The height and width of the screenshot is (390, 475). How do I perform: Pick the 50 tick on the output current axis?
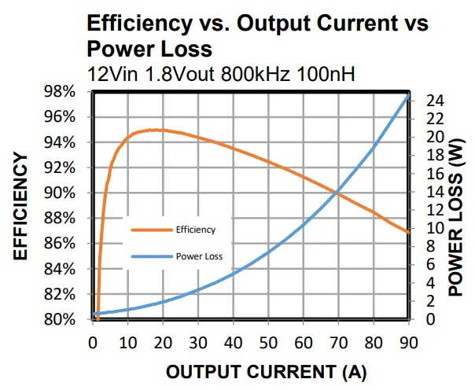click(x=268, y=341)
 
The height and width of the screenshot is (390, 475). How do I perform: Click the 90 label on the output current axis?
click(x=408, y=341)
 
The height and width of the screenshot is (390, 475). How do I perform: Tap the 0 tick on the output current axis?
click(x=93, y=341)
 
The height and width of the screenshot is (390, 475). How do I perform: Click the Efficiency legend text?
click(x=195, y=230)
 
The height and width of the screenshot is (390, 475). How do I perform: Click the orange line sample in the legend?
click(x=151, y=230)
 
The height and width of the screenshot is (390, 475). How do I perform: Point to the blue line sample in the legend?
click(x=151, y=256)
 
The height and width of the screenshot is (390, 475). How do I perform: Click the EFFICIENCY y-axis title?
click(x=21, y=206)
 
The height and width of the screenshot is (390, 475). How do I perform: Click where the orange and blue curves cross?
click(x=337, y=191)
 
